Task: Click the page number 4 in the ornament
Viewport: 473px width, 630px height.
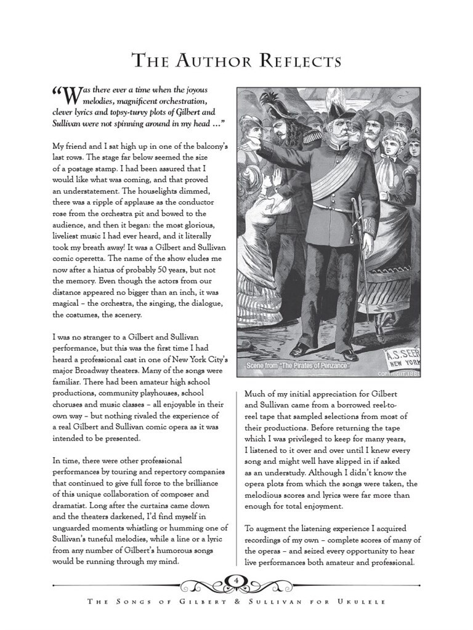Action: click(x=236, y=580)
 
